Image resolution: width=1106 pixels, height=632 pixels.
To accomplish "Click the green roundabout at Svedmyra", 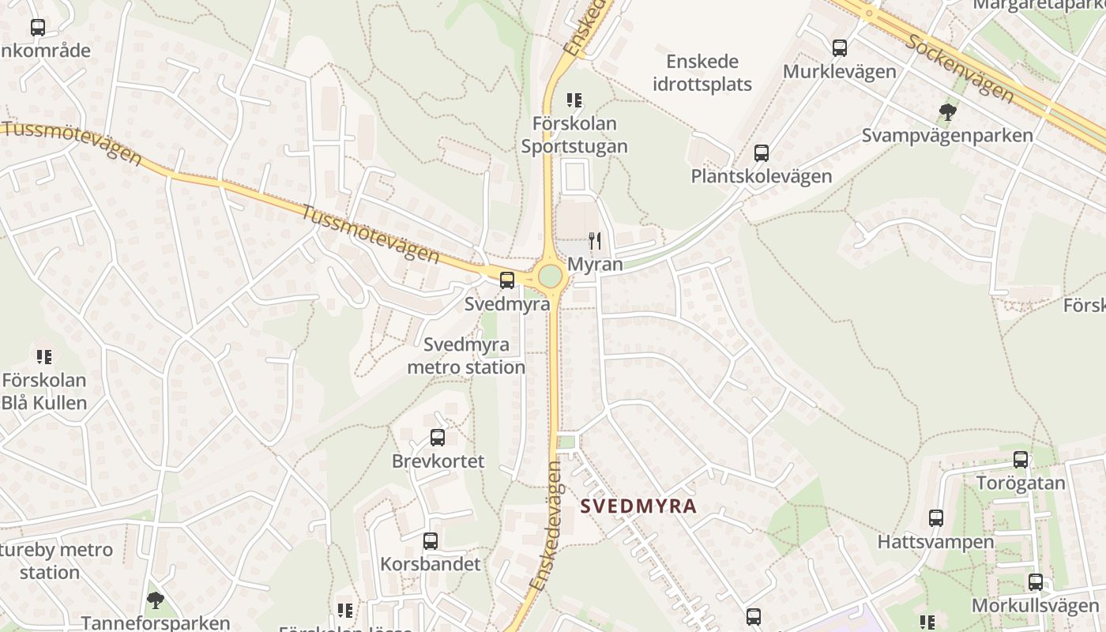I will (551, 276).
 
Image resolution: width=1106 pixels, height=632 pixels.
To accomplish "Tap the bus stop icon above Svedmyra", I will (507, 280).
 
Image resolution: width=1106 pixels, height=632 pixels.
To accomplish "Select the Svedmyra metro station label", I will (466, 356).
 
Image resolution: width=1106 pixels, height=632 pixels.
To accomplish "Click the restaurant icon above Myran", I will (595, 240).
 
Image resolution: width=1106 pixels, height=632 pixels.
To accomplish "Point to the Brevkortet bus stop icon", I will (437, 437).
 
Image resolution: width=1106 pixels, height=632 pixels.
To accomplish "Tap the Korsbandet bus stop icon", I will (431, 541).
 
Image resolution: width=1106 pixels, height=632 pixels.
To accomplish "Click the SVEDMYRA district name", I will (638, 506).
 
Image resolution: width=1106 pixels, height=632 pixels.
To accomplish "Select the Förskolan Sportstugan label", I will (574, 135).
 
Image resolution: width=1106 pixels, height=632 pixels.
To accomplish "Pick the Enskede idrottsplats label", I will (702, 73).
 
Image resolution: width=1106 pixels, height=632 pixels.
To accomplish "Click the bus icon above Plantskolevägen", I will (762, 153).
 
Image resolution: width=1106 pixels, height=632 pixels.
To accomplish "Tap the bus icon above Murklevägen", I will (840, 48).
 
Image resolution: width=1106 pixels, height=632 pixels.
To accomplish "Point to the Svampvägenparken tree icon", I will (947, 111).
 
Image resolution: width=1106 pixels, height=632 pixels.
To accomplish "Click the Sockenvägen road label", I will (959, 68).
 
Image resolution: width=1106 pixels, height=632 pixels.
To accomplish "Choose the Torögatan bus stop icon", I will (1021, 460).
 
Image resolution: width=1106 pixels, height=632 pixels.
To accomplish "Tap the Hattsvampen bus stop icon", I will (936, 518).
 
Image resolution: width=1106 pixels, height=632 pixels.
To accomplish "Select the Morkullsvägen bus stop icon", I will (1036, 582).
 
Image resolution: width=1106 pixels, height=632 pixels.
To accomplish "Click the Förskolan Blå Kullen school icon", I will (44, 357).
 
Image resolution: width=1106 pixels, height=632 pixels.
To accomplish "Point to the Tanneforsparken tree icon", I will (156, 600).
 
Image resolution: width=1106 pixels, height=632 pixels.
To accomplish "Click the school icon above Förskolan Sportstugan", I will (574, 100).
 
